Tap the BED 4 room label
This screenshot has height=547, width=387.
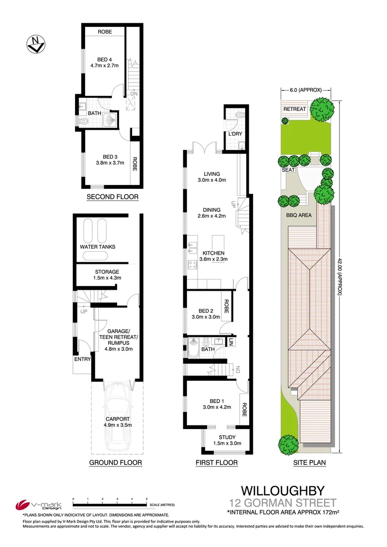point(105,59)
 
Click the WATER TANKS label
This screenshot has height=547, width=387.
point(98,247)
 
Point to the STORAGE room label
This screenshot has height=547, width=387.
point(107,271)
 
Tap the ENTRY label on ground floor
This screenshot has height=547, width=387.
point(83,359)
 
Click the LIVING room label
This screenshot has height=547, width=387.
point(211,173)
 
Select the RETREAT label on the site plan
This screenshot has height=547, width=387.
point(294,109)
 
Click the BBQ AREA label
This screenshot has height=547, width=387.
point(298,214)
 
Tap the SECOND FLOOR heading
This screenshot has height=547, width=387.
point(112,197)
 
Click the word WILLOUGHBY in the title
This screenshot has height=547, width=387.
point(282,490)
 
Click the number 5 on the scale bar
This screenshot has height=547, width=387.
point(146,499)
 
